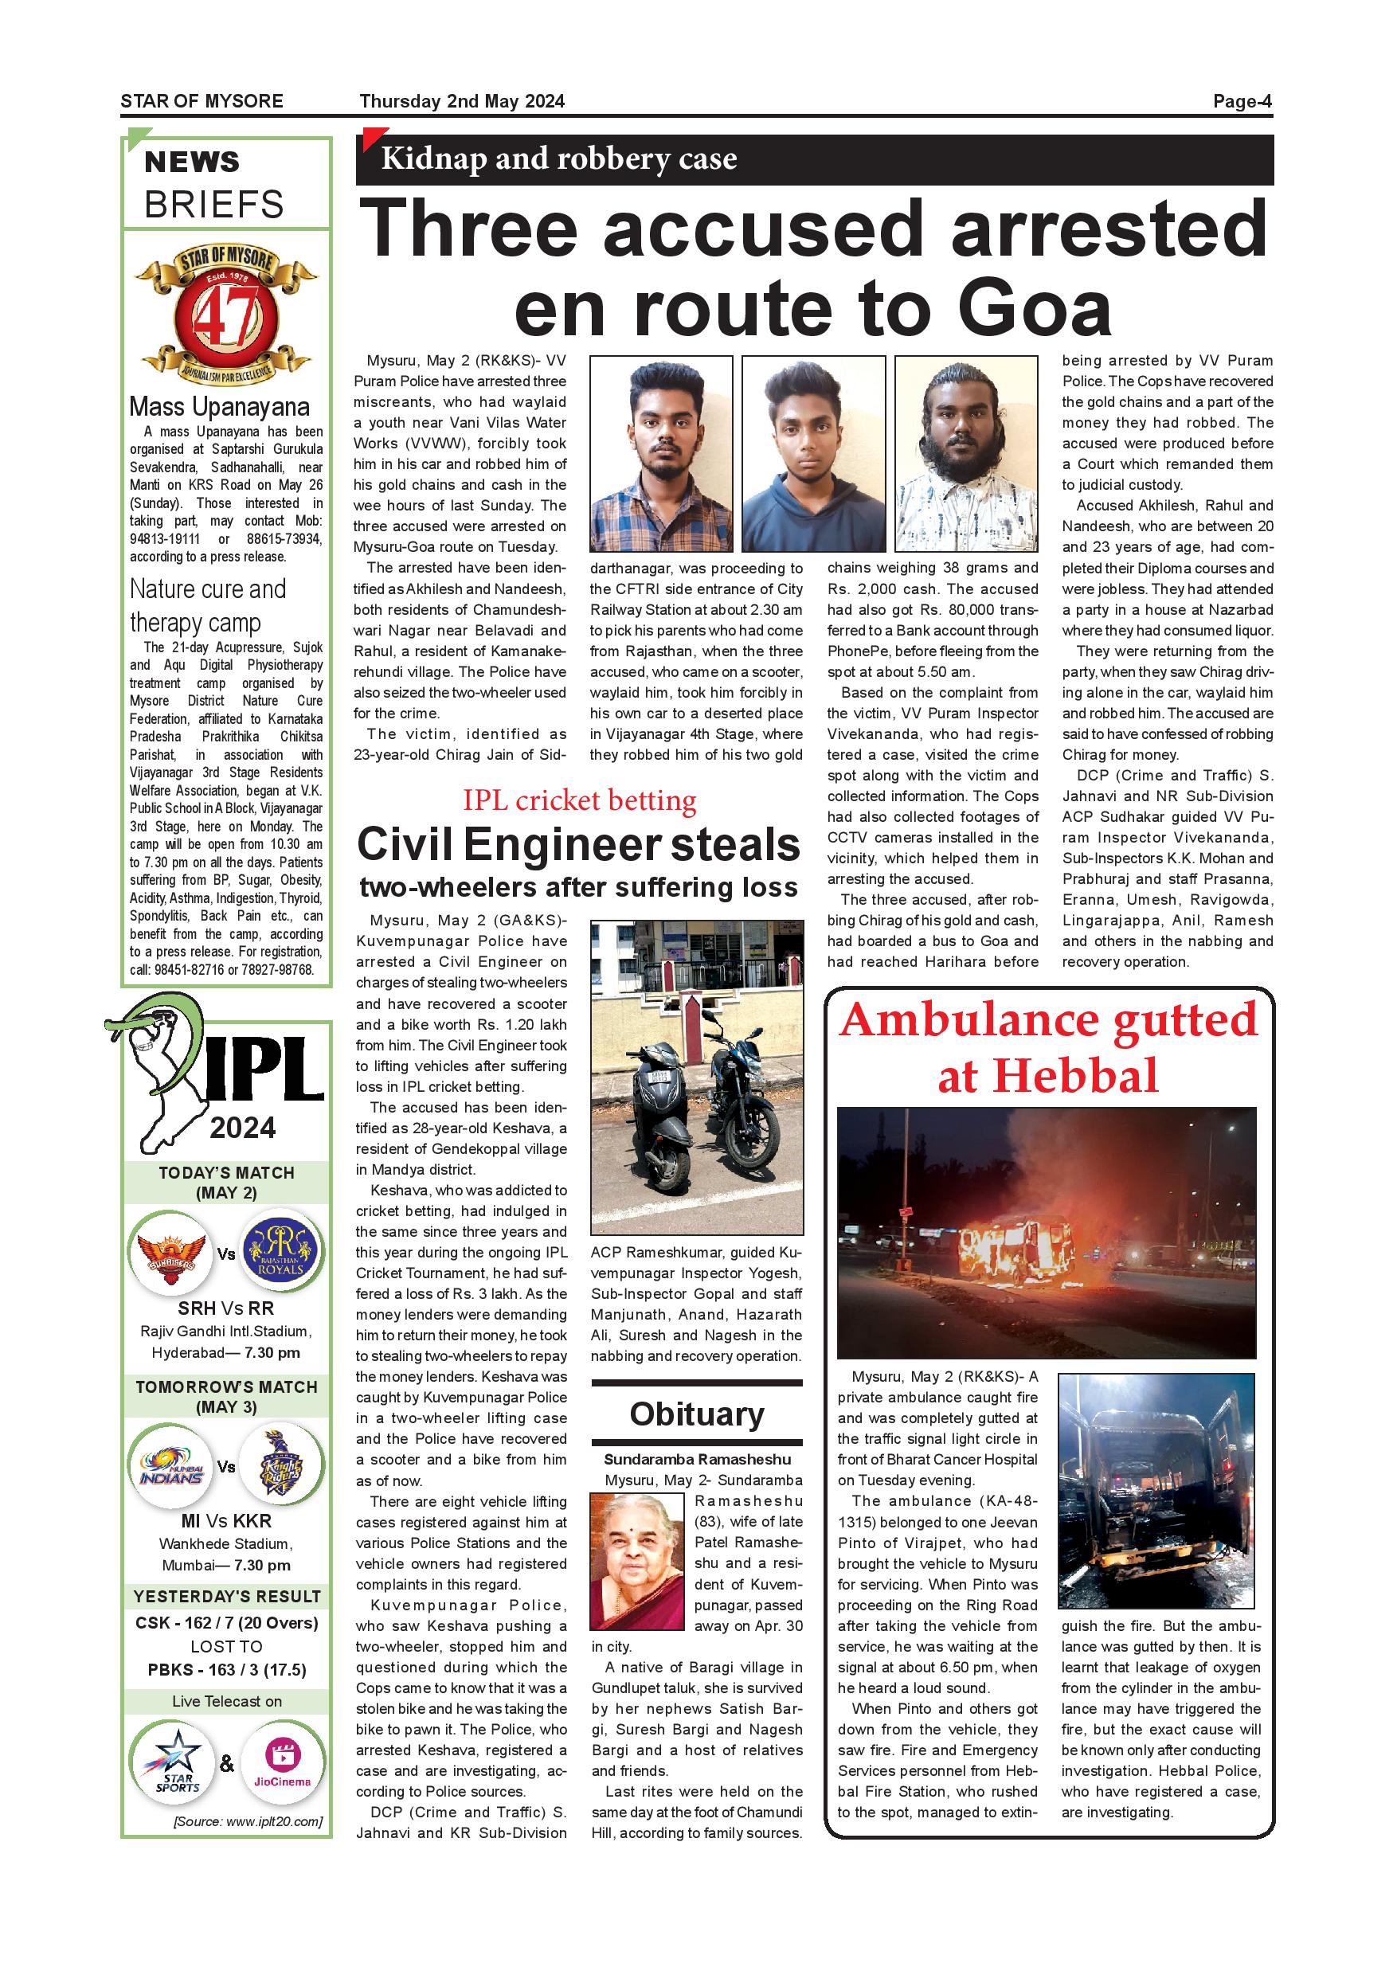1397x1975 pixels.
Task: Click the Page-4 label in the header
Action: click(x=1242, y=101)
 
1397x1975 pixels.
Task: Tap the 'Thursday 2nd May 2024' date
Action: click(x=462, y=101)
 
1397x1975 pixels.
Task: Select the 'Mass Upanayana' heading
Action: click(x=219, y=406)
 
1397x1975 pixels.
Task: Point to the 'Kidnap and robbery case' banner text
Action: click(x=558, y=159)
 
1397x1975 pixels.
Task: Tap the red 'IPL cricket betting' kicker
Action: click(x=579, y=800)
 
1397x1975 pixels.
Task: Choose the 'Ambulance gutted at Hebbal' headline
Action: click(x=1048, y=1047)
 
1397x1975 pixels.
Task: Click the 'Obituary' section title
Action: click(x=697, y=1414)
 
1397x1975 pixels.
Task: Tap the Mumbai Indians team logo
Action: click(x=170, y=1467)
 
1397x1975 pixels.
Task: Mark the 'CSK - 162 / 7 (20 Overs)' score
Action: click(x=226, y=1623)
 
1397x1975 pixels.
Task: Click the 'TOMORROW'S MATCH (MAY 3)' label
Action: click(x=226, y=1396)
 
